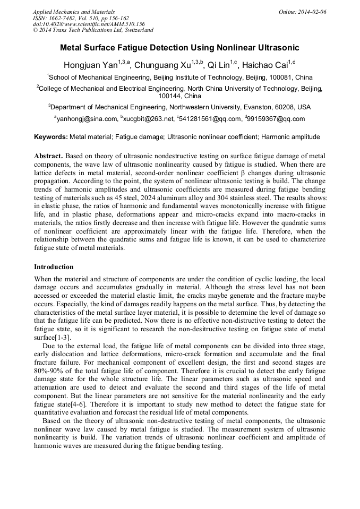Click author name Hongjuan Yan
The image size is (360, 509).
pos(90,65)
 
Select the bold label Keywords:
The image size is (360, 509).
pos(51,137)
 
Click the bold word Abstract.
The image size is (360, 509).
pos(49,156)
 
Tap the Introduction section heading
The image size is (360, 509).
pos(54,267)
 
